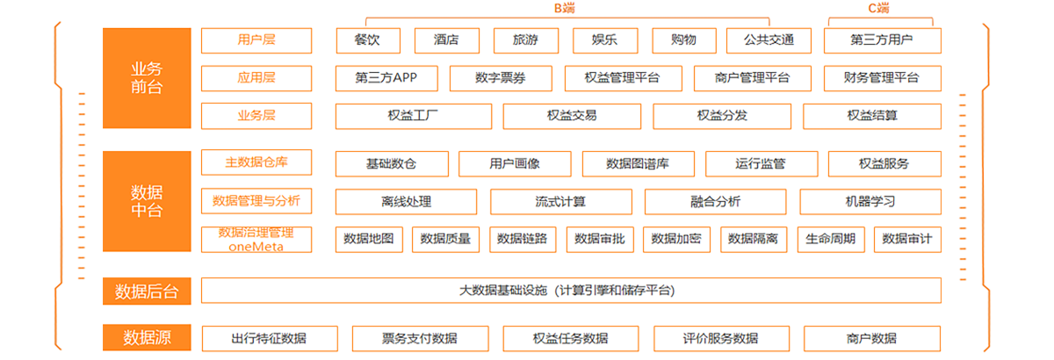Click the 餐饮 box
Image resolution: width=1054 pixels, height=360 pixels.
tap(368, 40)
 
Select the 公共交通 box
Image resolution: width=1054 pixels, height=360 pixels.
tap(769, 40)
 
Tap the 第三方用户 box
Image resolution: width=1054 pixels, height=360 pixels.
tap(882, 40)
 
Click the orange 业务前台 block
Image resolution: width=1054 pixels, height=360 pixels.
tap(147, 78)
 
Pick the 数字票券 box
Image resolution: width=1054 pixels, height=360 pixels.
tap(501, 78)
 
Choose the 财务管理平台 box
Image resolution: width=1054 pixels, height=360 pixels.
tap(882, 78)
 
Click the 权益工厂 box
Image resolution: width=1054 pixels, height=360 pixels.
tap(413, 116)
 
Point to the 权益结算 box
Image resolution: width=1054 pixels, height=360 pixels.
tap(872, 116)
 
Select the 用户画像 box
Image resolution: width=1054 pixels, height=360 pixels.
tap(515, 164)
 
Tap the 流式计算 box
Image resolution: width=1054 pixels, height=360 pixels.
tap(561, 202)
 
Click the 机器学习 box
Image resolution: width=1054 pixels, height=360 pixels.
tap(870, 202)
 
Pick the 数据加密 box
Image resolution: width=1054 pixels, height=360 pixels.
tap(676, 240)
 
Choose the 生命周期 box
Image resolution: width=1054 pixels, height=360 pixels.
tap(831, 240)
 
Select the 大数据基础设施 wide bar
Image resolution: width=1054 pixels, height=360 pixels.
tap(571, 291)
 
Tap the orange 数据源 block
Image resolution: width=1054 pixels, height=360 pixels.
tap(147, 337)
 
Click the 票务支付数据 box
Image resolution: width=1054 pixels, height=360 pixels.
tap(420, 338)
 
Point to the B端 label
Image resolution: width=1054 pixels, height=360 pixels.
tap(564, 8)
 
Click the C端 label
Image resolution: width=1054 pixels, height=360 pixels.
tap(878, 8)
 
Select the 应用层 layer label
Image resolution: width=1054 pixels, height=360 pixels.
tap(256, 78)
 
